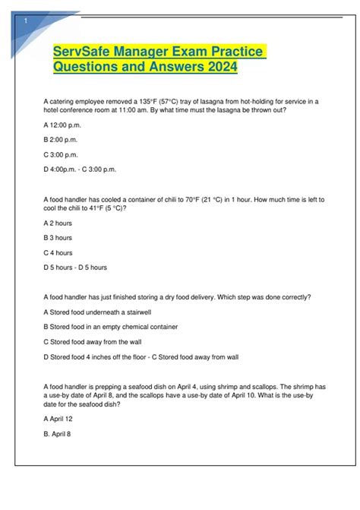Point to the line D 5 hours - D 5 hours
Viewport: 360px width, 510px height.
coord(76,268)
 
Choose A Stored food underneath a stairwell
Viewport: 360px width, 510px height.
coord(99,312)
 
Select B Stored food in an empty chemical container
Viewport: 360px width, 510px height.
coord(112,327)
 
